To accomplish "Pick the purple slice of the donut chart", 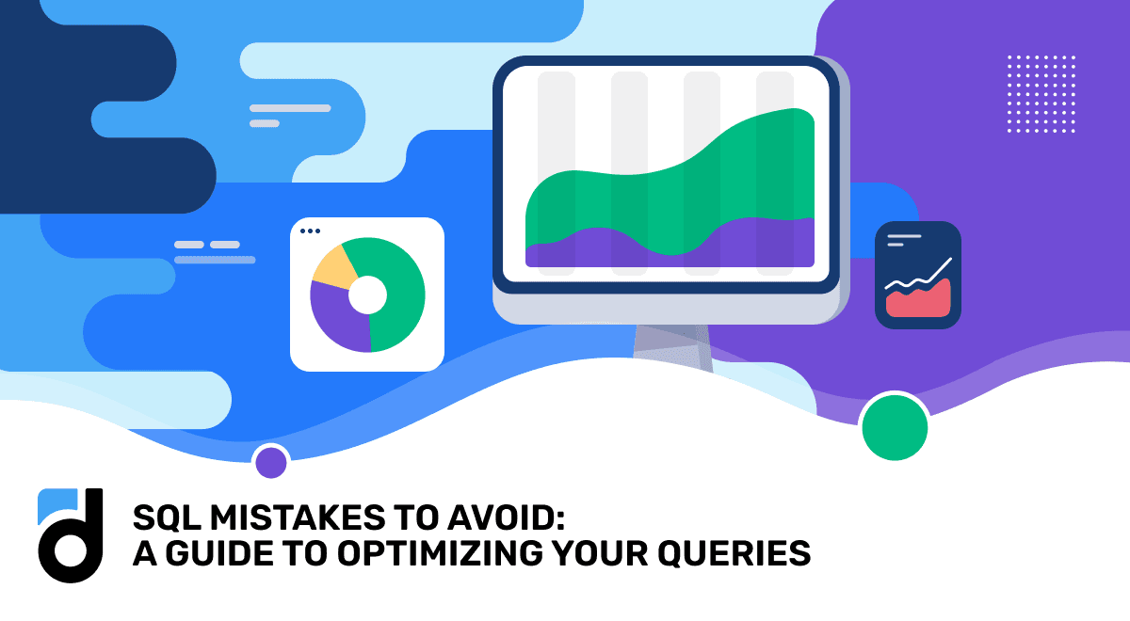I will tap(335, 320).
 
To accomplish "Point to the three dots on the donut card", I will tap(309, 231).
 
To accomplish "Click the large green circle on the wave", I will tap(895, 427).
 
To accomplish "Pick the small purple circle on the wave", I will tap(271, 462).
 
